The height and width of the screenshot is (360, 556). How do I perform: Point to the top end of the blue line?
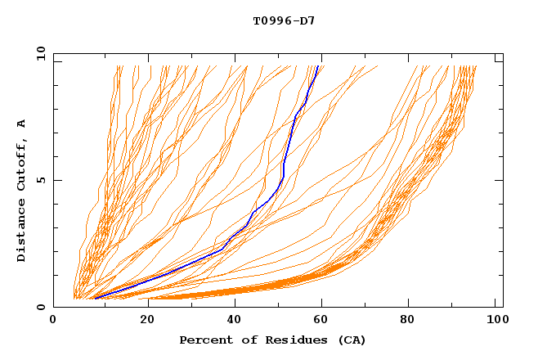pyautogui.click(x=318, y=67)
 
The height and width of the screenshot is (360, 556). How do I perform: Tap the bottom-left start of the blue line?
pyautogui.click(x=95, y=299)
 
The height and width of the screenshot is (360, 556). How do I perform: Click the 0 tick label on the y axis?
pyautogui.click(x=41, y=307)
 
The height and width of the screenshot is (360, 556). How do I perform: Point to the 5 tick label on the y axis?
pyautogui.click(x=41, y=180)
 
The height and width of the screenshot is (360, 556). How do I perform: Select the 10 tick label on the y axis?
pyautogui.click(x=38, y=53)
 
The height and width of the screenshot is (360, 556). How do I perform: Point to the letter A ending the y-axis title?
pyautogui.click(x=21, y=124)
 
